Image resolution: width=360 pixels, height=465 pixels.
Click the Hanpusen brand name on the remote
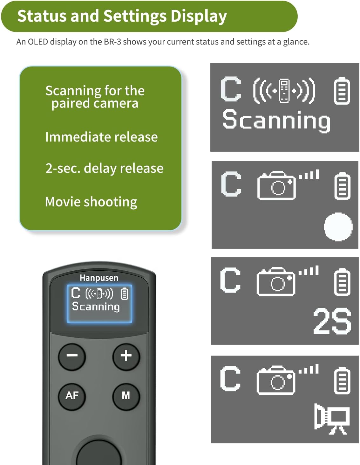99,278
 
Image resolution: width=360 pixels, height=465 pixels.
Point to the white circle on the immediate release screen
338,227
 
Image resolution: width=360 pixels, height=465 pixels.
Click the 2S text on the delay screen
332,321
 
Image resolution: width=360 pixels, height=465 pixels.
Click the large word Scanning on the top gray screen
276,121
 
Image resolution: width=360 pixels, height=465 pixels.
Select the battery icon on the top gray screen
342,91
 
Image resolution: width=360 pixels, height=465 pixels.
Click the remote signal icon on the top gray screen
284,91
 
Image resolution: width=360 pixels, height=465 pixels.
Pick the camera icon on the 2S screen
276,281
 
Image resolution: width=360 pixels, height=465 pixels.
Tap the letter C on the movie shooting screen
230,378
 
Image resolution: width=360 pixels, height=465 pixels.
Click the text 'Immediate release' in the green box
101,137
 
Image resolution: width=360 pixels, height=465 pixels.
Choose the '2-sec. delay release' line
104,168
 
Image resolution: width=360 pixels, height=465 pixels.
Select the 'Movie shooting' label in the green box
91,202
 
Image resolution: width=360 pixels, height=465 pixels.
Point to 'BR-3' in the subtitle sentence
112,42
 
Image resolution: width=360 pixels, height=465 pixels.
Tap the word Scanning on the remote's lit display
96,307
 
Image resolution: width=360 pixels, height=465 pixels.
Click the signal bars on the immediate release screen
309,174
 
